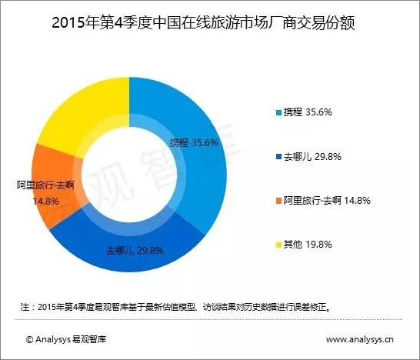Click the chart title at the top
[x=203, y=23]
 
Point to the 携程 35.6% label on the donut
[x=194, y=143]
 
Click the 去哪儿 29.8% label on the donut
[x=135, y=251]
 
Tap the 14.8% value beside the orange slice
[x=46, y=201]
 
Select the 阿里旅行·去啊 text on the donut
[x=45, y=185]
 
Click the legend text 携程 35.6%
[x=308, y=112]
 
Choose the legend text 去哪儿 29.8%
[x=312, y=156]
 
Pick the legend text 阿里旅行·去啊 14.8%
[x=327, y=200]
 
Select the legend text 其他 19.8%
[x=308, y=245]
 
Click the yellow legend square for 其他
[x=278, y=245]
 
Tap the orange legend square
[x=278, y=201]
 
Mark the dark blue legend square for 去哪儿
[x=278, y=157]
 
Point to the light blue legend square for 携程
[x=278, y=112]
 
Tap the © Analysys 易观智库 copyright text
[x=66, y=339]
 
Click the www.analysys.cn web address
[x=360, y=340]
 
